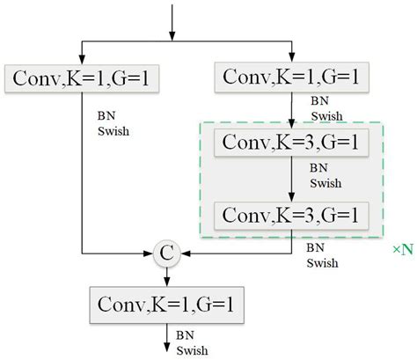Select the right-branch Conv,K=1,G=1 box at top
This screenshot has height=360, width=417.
pos(291,78)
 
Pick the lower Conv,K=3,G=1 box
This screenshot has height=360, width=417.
pos(291,213)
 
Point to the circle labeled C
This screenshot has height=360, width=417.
pos(166,254)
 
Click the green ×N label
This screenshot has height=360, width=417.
pos(403,251)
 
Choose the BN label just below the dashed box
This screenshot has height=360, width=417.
pos(314,248)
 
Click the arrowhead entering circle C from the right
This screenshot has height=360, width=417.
pos(182,254)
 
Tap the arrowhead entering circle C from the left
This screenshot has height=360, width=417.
pos(150,254)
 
